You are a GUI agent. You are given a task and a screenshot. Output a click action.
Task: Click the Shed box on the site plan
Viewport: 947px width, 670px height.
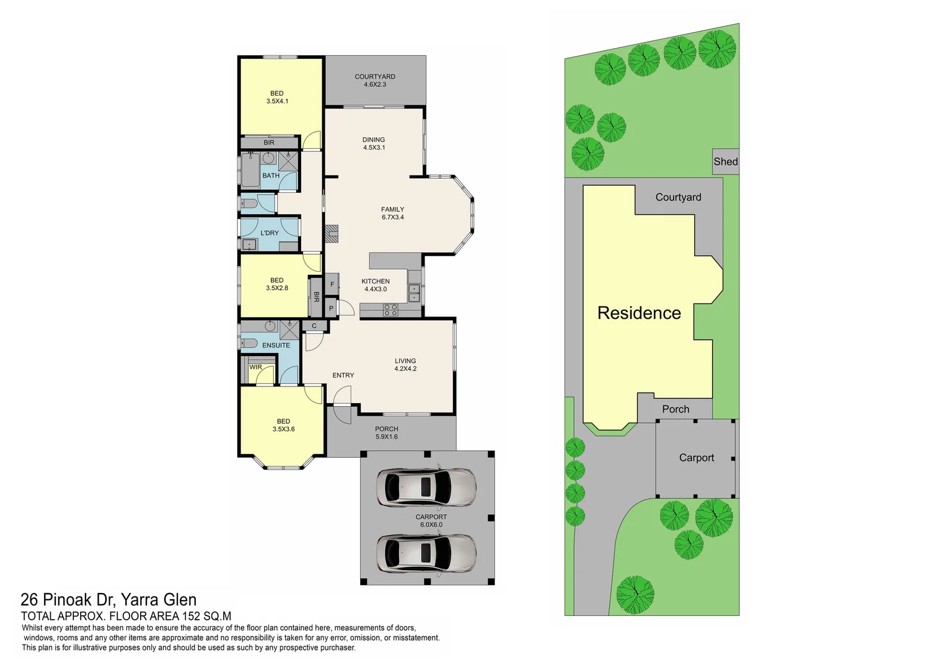725,161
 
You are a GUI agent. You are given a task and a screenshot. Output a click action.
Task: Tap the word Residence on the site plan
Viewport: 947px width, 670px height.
639,313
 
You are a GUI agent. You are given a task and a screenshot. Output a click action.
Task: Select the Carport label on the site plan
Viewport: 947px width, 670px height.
697,458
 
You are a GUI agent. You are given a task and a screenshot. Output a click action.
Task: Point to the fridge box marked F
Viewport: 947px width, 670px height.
332,285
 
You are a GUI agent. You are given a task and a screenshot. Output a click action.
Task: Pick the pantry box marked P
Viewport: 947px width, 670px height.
332,308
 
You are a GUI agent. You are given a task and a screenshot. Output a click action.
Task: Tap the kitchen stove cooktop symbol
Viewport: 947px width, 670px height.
390,310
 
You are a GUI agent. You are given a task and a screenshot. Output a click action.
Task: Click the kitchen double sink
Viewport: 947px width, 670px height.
414,293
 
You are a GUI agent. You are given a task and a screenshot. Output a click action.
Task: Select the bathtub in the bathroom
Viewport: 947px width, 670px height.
250,170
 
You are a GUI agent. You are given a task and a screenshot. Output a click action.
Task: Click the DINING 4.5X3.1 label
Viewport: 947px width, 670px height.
374,144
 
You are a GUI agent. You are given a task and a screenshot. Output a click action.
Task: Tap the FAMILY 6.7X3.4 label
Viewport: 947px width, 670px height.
393,213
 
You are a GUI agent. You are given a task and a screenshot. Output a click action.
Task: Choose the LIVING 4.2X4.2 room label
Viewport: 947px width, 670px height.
405,365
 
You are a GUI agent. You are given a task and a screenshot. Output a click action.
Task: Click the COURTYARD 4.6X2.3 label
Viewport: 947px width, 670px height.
375,81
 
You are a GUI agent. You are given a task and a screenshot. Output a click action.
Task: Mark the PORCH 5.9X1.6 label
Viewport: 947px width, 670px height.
387,433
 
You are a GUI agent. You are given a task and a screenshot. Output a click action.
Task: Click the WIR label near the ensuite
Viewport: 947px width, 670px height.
255,367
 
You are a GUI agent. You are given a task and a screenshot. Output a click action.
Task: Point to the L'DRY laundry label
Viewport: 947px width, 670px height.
270,233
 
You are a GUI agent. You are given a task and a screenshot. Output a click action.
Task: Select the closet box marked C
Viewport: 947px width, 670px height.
314,326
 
